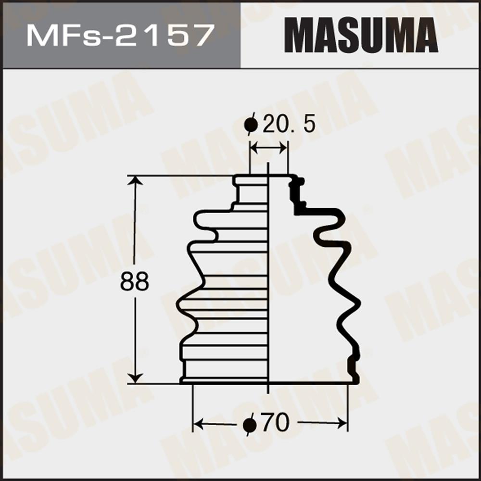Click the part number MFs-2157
[x=120, y=36]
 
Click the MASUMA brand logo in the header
[x=361, y=35]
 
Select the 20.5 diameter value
[x=289, y=124]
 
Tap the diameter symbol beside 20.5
[x=251, y=124]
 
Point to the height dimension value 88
[x=134, y=281]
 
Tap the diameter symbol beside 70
[x=249, y=425]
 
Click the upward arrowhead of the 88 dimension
[x=135, y=180]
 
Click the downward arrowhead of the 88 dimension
[x=135, y=379]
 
